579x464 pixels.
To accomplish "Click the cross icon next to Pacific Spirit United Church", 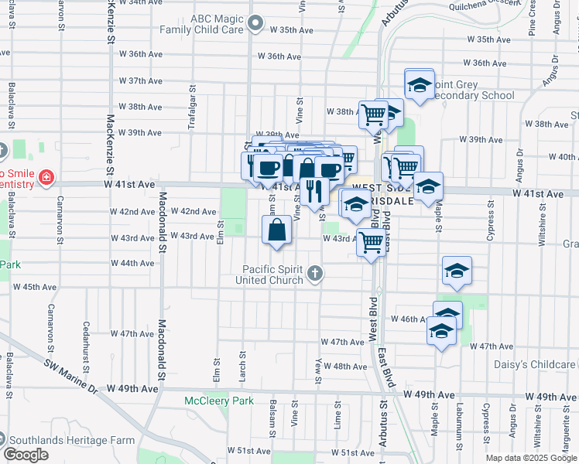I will pos(314,273).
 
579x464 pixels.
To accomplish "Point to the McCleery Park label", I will pos(218,401).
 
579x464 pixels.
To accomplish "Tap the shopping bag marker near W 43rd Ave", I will pos(277,230).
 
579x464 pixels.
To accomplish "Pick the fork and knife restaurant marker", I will pos(313,189).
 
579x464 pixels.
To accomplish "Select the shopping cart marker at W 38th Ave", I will pos(374,114).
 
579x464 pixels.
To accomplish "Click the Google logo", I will pos(26,455).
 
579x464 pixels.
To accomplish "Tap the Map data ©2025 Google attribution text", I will pos(531,458).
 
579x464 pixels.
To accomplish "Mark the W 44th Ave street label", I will pos(133,263).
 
